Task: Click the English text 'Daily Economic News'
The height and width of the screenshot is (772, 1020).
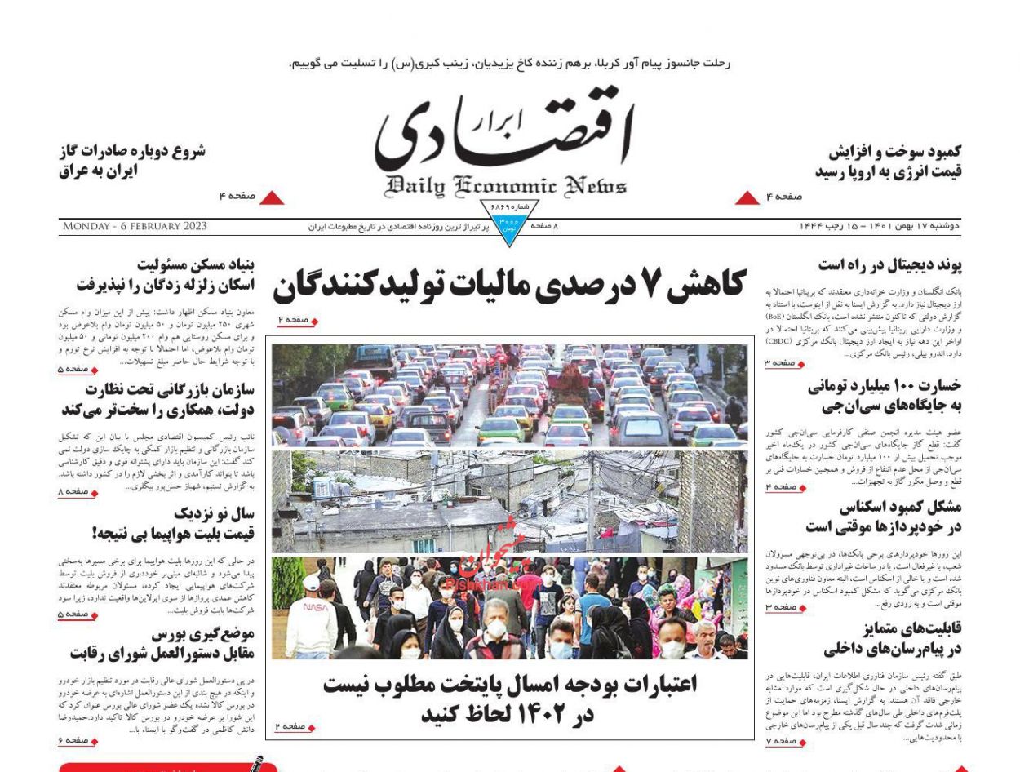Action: (x=507, y=186)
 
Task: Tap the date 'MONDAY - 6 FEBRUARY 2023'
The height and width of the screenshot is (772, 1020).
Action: (x=135, y=226)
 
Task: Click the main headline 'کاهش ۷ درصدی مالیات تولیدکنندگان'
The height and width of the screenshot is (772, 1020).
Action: (x=508, y=286)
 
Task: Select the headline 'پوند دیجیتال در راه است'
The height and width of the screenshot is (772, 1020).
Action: (x=889, y=266)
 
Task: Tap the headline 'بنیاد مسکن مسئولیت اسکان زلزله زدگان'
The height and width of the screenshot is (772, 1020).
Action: (x=164, y=275)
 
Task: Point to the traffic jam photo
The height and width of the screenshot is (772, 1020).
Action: (x=509, y=396)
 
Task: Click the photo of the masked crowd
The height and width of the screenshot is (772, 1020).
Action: (x=509, y=608)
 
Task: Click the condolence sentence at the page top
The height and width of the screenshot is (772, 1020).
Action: (x=510, y=63)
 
